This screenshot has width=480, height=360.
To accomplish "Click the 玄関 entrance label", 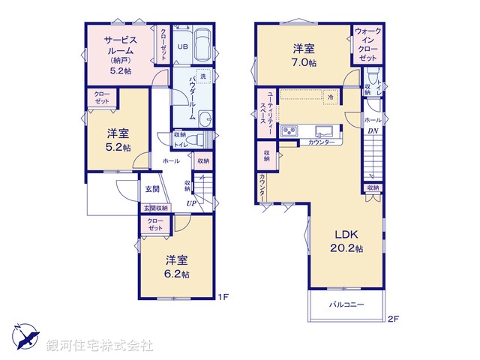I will (x=152, y=189).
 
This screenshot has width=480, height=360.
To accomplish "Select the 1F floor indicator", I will (x=222, y=297).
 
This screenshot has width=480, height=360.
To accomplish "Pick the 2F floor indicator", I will (x=394, y=319).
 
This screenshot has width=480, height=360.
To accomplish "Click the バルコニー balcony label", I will (x=346, y=304).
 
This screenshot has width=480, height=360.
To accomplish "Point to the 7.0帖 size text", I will (x=304, y=63).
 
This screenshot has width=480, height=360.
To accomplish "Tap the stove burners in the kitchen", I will (x=290, y=132).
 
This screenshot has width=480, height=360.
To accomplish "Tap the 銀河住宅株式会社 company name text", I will (x=99, y=346).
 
